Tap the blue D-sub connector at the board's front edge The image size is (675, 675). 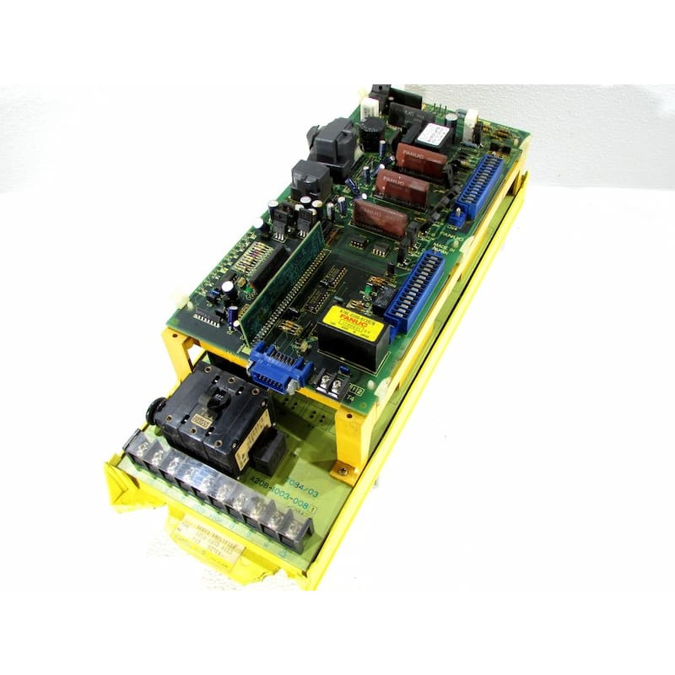tap(278, 370)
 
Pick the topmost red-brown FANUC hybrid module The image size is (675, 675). tap(421, 159)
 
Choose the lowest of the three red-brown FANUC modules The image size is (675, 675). tap(380, 217)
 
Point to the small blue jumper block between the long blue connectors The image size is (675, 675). tap(456, 216)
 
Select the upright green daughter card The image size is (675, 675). tap(283, 278)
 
